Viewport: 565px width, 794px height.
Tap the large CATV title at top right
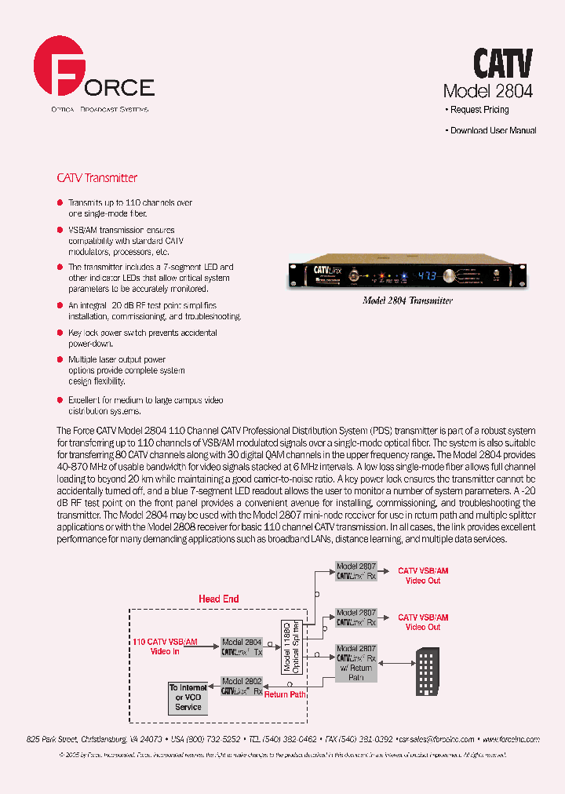tap(502, 62)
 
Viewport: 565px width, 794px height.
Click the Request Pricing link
tap(479, 110)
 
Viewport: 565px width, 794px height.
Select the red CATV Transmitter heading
tap(97, 178)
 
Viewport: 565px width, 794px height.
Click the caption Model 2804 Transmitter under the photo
tap(407, 300)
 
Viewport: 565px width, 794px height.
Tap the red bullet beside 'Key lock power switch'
tap(60, 333)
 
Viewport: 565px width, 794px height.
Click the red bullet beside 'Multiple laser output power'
tap(60, 359)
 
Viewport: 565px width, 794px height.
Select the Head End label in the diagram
tap(218, 599)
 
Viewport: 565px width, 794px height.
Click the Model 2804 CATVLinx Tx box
tap(242, 646)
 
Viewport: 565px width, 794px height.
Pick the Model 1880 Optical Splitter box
tap(291, 646)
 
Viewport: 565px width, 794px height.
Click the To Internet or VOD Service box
tap(188, 697)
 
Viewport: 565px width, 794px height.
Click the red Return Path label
tap(285, 694)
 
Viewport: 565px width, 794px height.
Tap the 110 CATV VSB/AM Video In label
tap(166, 646)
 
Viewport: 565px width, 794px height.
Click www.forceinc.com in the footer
tap(508, 738)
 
